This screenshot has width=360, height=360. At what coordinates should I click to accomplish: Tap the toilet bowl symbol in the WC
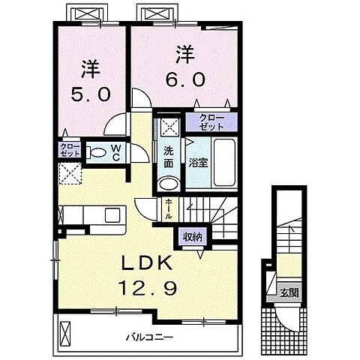coord(97,151)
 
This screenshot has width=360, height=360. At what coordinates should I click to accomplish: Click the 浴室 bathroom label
coord(198,161)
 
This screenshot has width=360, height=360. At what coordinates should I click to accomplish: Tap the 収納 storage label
coord(191,237)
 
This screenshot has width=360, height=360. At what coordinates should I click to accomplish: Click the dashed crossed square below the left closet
coord(70,173)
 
